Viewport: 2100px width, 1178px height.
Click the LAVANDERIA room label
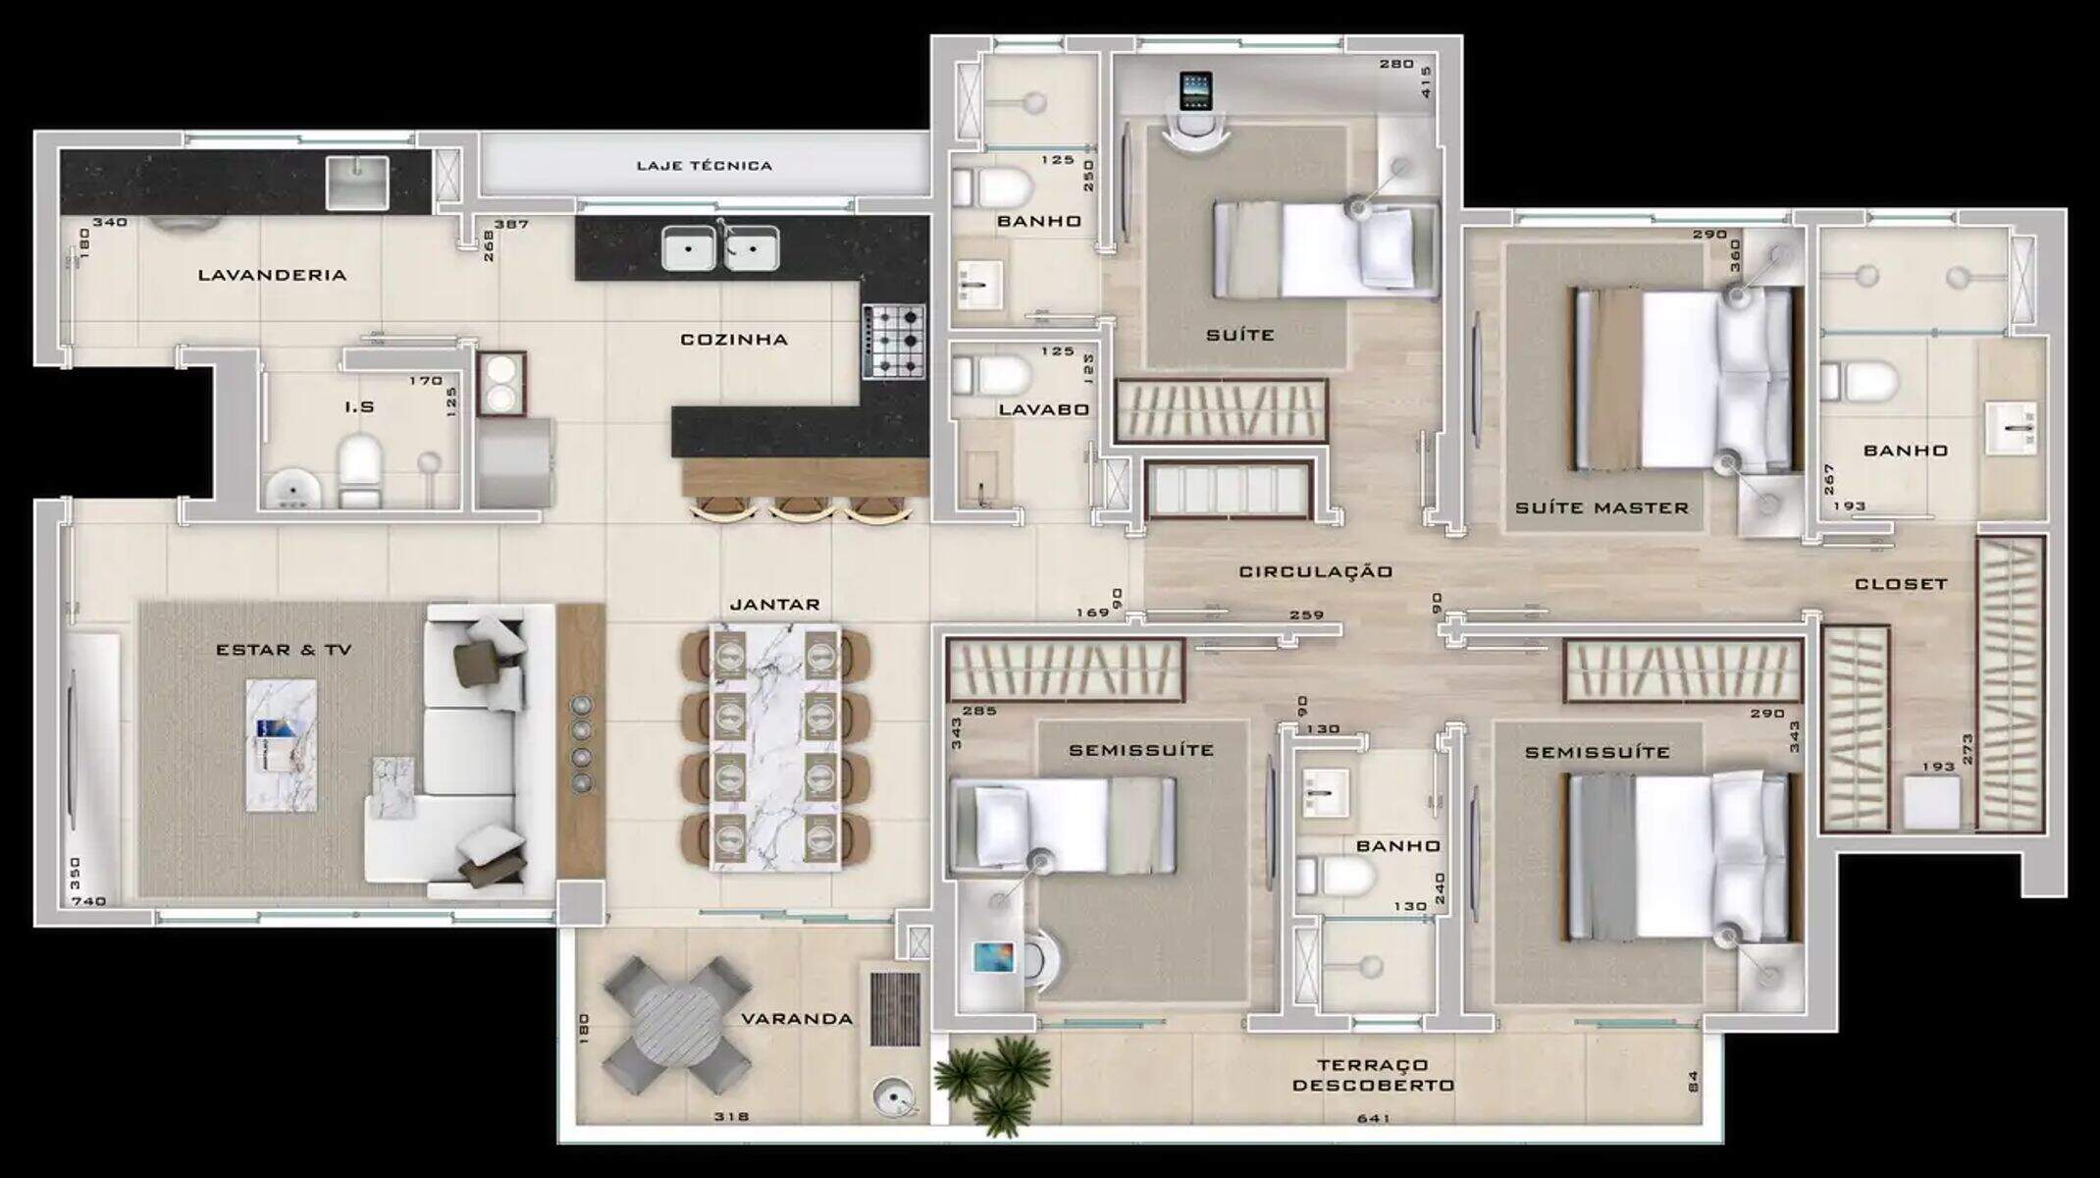(272, 275)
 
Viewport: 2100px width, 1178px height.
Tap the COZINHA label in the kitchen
(734, 340)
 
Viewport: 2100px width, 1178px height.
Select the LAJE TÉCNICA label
(704, 166)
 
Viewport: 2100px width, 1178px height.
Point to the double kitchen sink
(720, 246)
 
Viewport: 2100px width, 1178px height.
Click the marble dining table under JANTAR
(775, 746)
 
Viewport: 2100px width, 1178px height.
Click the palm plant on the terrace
(993, 1083)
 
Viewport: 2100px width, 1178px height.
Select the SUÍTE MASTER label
(1601, 509)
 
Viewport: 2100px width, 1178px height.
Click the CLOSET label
(1901, 584)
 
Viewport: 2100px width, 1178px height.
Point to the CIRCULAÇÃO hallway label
(1316, 571)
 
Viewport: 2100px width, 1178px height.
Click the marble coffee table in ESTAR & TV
(281, 745)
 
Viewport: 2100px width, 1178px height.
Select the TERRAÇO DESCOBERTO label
(1373, 1075)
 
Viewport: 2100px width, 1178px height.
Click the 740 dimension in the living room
(88, 901)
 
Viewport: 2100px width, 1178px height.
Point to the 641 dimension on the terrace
(1373, 1118)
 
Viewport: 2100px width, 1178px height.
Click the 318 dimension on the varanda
(731, 1116)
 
